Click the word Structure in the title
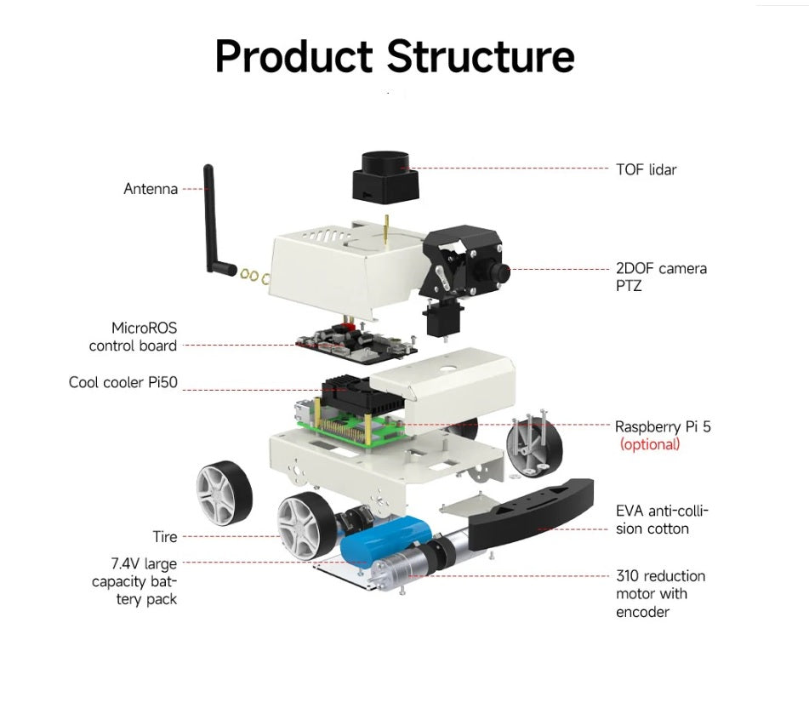[x=481, y=56]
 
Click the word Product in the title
[x=293, y=56]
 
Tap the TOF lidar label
[x=646, y=169]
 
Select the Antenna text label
[x=151, y=189]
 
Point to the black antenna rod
[x=212, y=217]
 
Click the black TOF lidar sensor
[x=383, y=177]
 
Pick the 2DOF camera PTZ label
[x=661, y=277]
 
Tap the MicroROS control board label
[x=134, y=337]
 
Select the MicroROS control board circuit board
[x=357, y=339]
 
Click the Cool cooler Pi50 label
[x=123, y=382]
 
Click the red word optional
[x=650, y=444]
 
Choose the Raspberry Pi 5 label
[x=663, y=426]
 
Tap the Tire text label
[x=165, y=537]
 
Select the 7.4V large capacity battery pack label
[x=134, y=581]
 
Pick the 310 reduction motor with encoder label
[x=660, y=594]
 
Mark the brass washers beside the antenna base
[x=254, y=275]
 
